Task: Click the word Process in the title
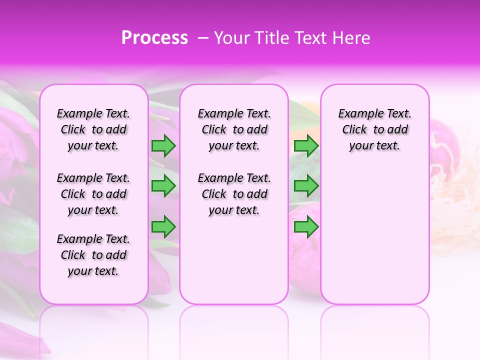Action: (x=154, y=38)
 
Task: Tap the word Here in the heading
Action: (x=351, y=38)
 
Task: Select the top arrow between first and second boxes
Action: (x=163, y=145)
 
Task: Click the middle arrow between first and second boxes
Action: (x=163, y=186)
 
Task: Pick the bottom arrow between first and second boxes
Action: (x=163, y=226)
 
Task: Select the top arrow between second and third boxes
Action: (x=306, y=145)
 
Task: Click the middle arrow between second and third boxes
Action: (x=306, y=186)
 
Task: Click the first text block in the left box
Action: (x=93, y=129)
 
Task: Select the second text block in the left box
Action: (x=93, y=194)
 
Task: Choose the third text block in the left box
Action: (x=93, y=255)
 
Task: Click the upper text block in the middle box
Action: (x=234, y=129)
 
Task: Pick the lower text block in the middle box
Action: (x=234, y=194)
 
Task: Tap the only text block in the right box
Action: (x=374, y=129)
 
